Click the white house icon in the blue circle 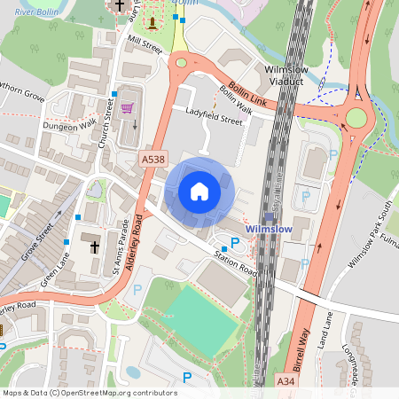[x=199, y=191]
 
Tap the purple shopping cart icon [x=128, y=108]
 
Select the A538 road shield [x=152, y=159]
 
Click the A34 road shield [x=284, y=380]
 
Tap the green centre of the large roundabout [x=356, y=118]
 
